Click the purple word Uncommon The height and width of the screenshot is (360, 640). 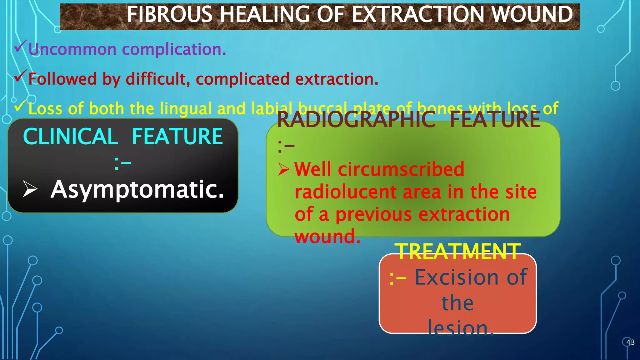tap(72, 49)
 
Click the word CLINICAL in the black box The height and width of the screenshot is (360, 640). tap(71, 137)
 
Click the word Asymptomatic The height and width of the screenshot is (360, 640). tap(137, 189)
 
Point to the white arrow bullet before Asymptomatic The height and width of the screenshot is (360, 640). tap(30, 189)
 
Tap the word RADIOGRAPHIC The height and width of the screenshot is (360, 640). tap(356, 120)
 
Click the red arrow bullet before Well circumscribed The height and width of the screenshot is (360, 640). tap(284, 169)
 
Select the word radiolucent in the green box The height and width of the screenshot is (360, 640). tap(346, 192)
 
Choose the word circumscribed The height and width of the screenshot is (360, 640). tap(401, 169)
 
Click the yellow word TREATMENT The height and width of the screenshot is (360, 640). tap(457, 252)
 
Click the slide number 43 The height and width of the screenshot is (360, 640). tap(630, 342)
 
